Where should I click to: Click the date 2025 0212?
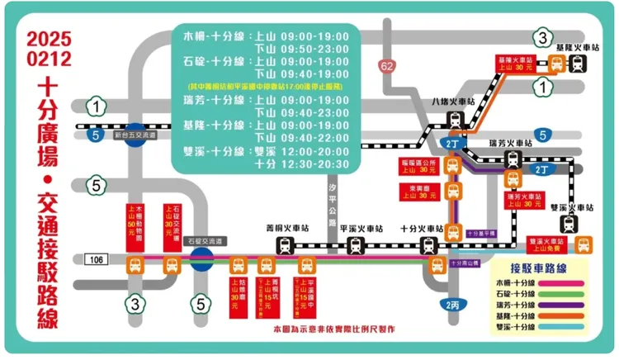coord(49,48)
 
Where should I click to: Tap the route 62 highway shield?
coord(388,65)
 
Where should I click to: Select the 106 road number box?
coord(96,260)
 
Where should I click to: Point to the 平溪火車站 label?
coord(356,228)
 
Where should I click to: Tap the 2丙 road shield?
coord(451,305)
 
